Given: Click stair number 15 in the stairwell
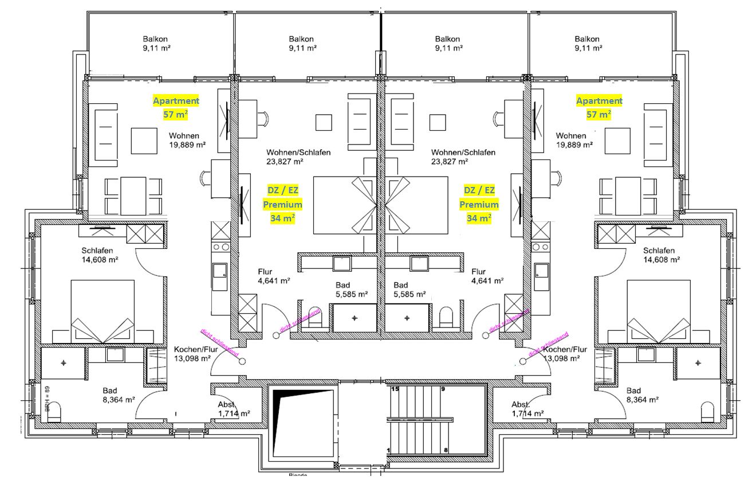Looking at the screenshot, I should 394,389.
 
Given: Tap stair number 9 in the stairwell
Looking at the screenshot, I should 443,389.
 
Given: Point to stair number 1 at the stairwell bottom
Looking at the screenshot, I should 389,451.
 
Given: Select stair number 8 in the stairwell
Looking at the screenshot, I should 445,451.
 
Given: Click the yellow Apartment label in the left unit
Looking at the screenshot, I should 176,101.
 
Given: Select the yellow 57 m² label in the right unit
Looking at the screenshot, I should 598,114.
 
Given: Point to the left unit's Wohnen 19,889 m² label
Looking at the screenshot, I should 187,140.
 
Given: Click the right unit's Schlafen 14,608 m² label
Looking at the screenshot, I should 660,255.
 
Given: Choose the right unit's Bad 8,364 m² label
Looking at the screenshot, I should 639,395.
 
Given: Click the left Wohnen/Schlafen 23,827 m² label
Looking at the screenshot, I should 298,157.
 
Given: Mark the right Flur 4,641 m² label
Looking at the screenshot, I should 487,276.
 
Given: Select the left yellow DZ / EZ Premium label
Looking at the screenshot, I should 282,204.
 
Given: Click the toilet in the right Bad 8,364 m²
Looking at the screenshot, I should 708,411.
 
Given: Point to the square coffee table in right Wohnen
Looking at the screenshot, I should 617,140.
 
